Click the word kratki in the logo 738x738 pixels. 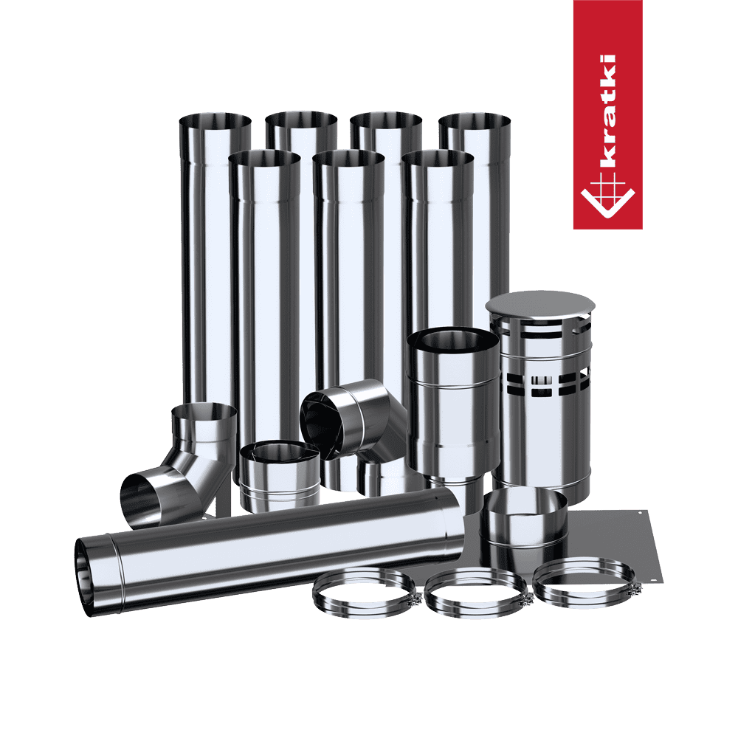608,111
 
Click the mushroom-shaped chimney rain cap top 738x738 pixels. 540,304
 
